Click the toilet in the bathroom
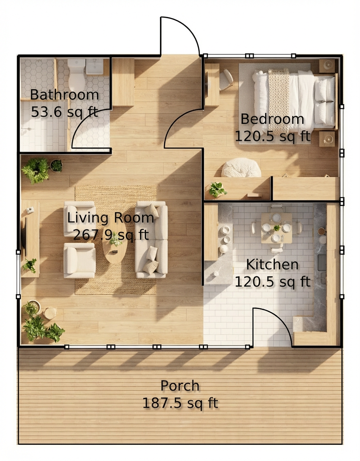(77, 73)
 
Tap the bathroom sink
(94, 66)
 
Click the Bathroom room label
(64, 95)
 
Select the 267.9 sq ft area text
(111, 235)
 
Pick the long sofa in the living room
(151, 240)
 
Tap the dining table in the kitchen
(276, 228)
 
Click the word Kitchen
(272, 264)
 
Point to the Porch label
(180, 386)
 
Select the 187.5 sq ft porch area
(180, 403)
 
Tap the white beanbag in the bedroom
(241, 168)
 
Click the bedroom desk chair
(226, 79)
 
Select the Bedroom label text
(272, 119)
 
